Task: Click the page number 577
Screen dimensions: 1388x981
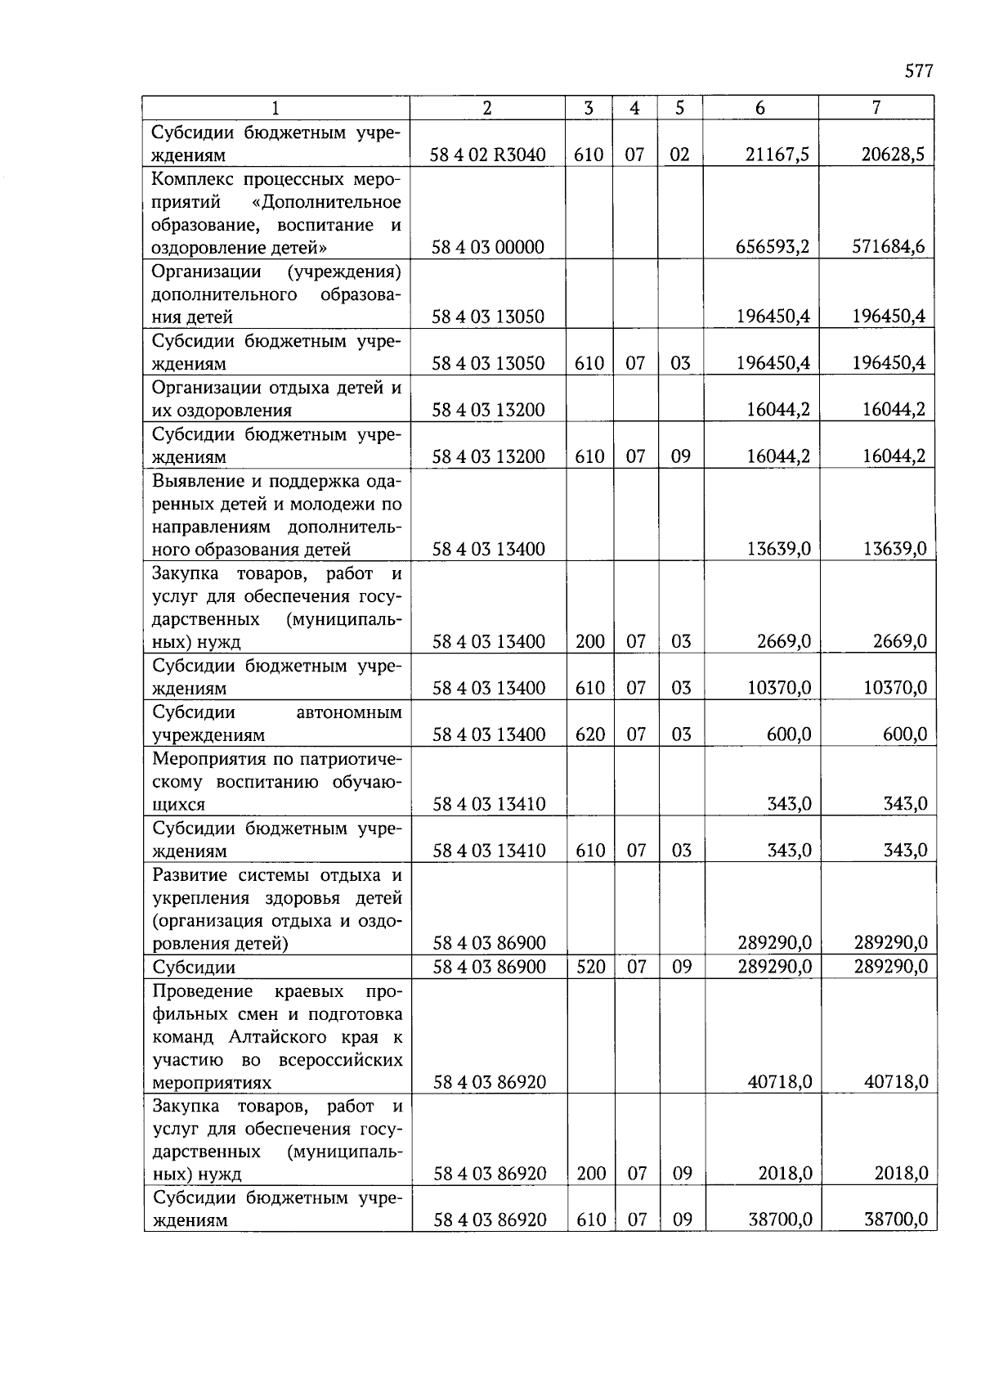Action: click(919, 71)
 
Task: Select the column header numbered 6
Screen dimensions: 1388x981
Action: click(760, 108)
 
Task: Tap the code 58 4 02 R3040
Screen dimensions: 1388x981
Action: click(488, 155)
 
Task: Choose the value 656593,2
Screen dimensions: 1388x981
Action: click(773, 247)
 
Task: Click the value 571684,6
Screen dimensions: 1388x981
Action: click(889, 247)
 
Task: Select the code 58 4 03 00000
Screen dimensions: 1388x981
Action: click(488, 247)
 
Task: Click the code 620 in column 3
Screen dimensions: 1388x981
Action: click(589, 734)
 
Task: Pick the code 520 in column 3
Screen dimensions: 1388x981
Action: click(590, 967)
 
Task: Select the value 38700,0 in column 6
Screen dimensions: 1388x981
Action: click(780, 1220)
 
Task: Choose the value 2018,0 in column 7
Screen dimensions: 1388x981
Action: click(901, 1174)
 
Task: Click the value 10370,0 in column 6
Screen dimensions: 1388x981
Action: click(779, 689)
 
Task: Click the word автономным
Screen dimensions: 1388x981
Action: click(349, 712)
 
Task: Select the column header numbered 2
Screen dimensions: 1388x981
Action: click(487, 108)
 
